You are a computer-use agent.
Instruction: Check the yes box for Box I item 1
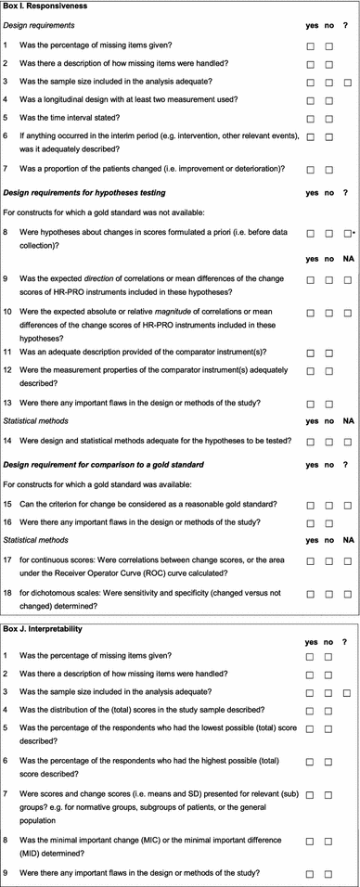click(x=311, y=45)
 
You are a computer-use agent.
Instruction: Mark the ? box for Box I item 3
click(x=347, y=82)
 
